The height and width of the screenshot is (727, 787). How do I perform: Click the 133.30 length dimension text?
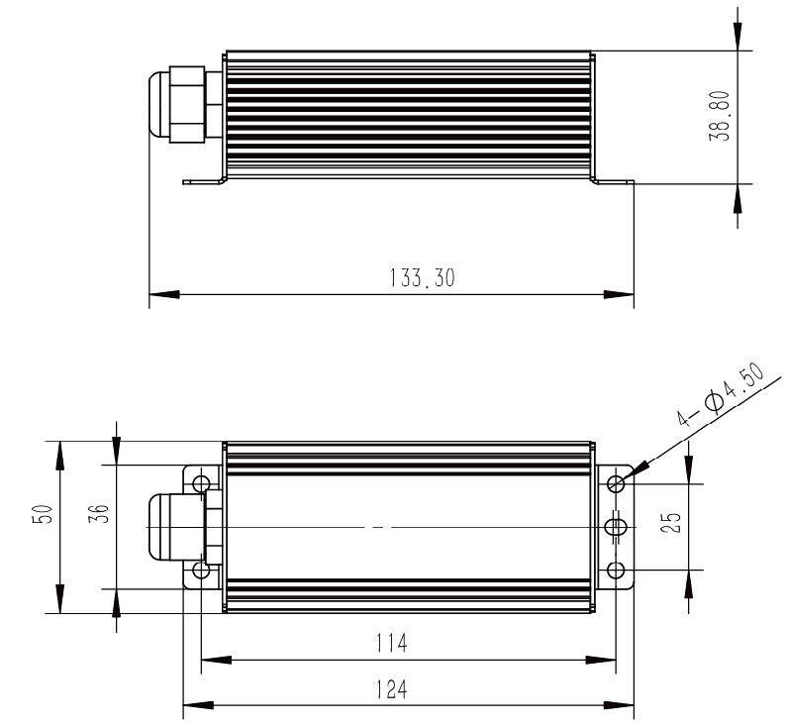[422, 278]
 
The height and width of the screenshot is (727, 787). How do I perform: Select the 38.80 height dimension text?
[720, 116]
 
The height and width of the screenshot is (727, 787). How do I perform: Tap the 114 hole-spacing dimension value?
[391, 643]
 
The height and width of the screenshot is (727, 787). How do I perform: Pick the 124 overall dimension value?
[391, 689]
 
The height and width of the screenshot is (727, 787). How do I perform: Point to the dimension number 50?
[43, 514]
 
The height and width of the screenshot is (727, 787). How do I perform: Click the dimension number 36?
[99, 514]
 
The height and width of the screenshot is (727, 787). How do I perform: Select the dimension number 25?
[672, 522]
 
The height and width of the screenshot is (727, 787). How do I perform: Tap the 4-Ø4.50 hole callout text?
[721, 395]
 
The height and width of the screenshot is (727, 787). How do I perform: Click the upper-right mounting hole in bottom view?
[616, 484]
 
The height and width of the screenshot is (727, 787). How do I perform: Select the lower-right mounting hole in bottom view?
[616, 571]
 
